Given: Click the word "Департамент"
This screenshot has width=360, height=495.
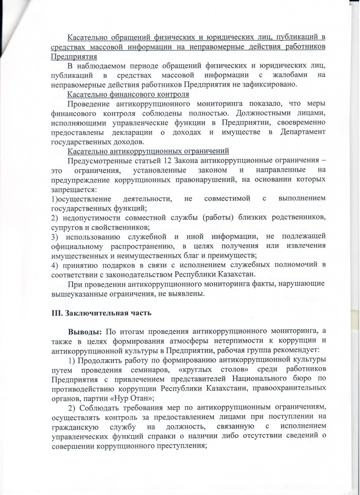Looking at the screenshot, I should [x=297, y=132].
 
